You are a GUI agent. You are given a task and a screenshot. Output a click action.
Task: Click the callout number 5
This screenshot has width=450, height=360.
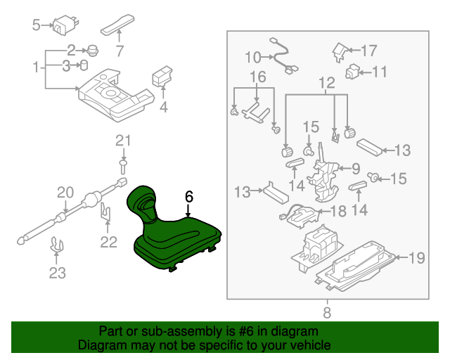pyautogui.click(x=37, y=26)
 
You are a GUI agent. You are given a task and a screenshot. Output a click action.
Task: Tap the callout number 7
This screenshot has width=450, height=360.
pyautogui.click(x=120, y=51)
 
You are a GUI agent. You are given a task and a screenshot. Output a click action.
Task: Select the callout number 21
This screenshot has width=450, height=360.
pyautogui.click(x=124, y=141)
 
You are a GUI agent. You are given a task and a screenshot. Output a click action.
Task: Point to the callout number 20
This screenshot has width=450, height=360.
pyautogui.click(x=65, y=193)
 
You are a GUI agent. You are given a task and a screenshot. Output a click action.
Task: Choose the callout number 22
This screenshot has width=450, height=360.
pyautogui.click(x=108, y=243)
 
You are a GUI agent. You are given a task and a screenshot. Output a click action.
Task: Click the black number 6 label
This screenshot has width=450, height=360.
pyautogui.click(x=188, y=197)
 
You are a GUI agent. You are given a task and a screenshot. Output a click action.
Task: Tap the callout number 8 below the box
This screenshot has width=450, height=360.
pyautogui.click(x=327, y=312)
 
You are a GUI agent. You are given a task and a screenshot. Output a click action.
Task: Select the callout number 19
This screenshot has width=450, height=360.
pyautogui.click(x=417, y=258)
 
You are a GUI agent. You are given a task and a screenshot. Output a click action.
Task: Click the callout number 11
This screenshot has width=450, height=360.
pyautogui.click(x=380, y=71)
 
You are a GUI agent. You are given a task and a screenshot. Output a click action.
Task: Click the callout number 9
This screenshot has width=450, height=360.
pyautogui.click(x=355, y=169)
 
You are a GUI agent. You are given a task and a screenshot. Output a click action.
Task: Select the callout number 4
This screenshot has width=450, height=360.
pyautogui.click(x=164, y=108)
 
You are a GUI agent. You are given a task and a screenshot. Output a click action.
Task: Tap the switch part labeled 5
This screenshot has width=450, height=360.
pyautogui.click(x=67, y=24)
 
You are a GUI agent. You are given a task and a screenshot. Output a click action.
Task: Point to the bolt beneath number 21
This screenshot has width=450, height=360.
pyautogui.click(x=124, y=166)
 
